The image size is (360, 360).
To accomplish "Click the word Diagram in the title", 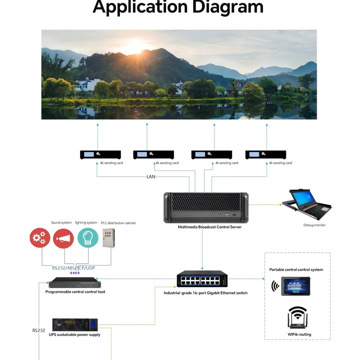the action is click(x=228, y=7).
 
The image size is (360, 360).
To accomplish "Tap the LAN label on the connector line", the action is click(x=151, y=177).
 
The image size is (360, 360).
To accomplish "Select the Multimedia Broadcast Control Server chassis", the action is click(x=206, y=207).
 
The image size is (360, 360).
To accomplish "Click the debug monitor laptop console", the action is click(x=307, y=202).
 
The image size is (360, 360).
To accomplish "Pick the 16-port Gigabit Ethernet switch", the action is click(x=202, y=279).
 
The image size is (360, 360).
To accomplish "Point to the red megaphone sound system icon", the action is click(x=63, y=238).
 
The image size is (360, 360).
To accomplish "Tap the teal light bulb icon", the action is click(x=88, y=238).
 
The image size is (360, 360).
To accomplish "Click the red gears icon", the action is click(x=40, y=238).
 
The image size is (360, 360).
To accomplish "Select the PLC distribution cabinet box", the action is click(x=109, y=238).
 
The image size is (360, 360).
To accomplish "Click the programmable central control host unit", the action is click(x=75, y=283).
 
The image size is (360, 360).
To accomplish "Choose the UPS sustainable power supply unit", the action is click(x=75, y=325).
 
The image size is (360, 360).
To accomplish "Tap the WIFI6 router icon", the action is click(x=297, y=317).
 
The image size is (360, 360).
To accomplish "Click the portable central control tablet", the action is click(x=296, y=286).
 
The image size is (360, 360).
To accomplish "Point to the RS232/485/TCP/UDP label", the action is click(x=73, y=268).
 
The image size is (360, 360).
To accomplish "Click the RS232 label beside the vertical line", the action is click(x=39, y=330).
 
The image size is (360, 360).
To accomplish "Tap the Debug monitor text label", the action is click(x=314, y=225).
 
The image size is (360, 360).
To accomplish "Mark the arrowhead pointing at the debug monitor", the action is click(x=280, y=205).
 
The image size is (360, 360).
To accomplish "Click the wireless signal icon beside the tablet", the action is click(x=275, y=286).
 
